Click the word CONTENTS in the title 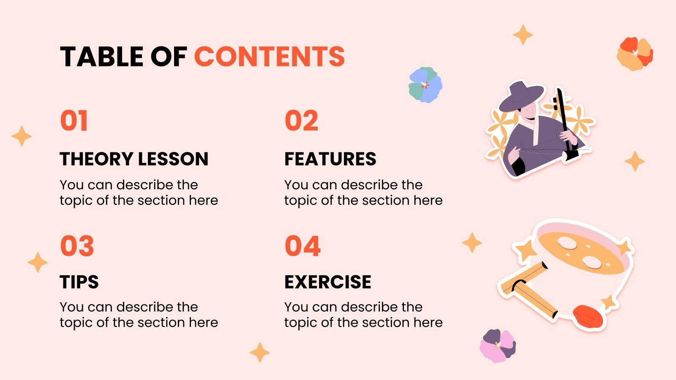pyautogui.click(x=269, y=57)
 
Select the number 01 pyautogui.click(x=74, y=121)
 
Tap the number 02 pyautogui.click(x=301, y=121)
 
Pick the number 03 pyautogui.click(x=77, y=246)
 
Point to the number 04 pyautogui.click(x=303, y=246)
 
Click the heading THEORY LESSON pyautogui.click(x=134, y=159)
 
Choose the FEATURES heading pyautogui.click(x=330, y=159)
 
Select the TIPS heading pyautogui.click(x=79, y=282)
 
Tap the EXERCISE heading pyautogui.click(x=327, y=282)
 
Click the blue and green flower pyautogui.click(x=425, y=85)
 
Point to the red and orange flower pyautogui.click(x=635, y=54)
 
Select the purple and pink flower pyautogui.click(x=498, y=345)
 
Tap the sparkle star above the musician pyautogui.click(x=523, y=35)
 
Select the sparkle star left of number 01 pyautogui.click(x=22, y=136)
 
